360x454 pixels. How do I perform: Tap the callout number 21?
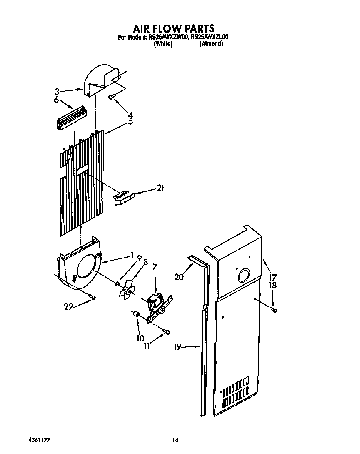click(x=160, y=188)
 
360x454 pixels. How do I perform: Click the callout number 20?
click(x=179, y=277)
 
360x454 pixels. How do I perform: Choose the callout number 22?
click(x=69, y=306)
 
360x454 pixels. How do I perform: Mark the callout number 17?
click(x=273, y=276)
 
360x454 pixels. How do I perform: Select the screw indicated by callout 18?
click(x=273, y=309)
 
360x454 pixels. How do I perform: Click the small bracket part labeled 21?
click(x=124, y=197)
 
